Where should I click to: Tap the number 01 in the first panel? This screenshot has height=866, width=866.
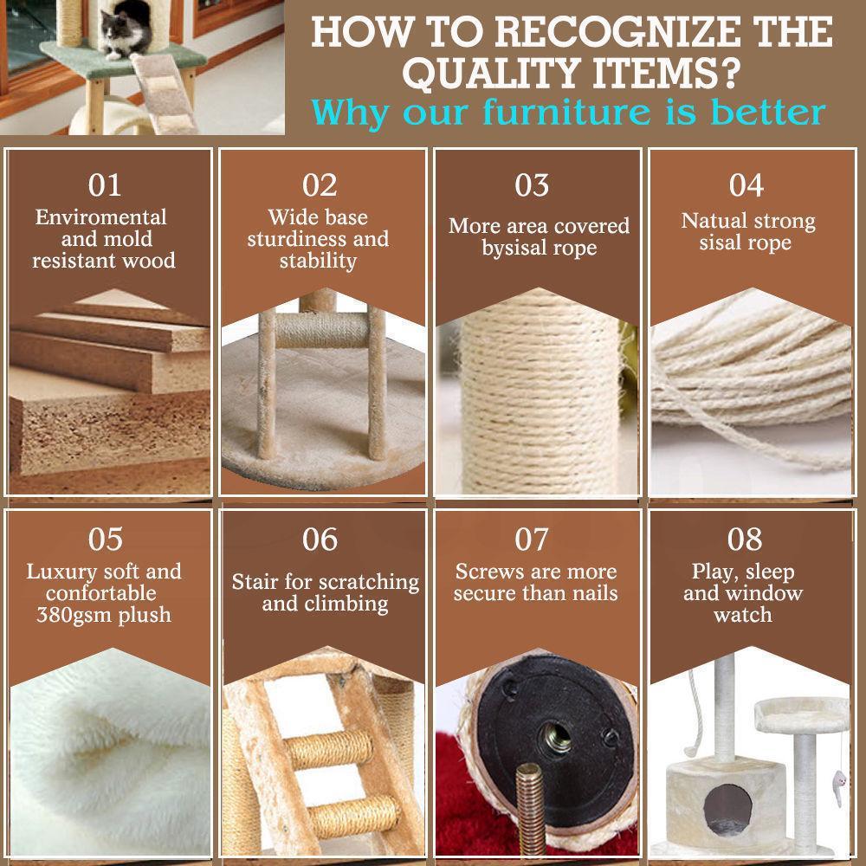(x=105, y=185)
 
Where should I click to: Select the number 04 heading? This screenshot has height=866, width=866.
(x=746, y=185)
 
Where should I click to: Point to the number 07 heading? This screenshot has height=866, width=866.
(x=532, y=539)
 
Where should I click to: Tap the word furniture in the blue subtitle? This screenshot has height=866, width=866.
(x=566, y=112)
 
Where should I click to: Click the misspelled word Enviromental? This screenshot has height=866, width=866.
(x=101, y=217)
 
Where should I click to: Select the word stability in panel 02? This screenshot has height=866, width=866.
(x=318, y=261)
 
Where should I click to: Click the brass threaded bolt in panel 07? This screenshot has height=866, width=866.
(x=530, y=808)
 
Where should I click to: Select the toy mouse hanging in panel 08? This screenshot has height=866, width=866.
(x=839, y=785)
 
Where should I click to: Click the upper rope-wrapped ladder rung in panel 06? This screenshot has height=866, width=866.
(x=329, y=748)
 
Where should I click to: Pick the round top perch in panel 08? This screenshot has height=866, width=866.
(x=801, y=714)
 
